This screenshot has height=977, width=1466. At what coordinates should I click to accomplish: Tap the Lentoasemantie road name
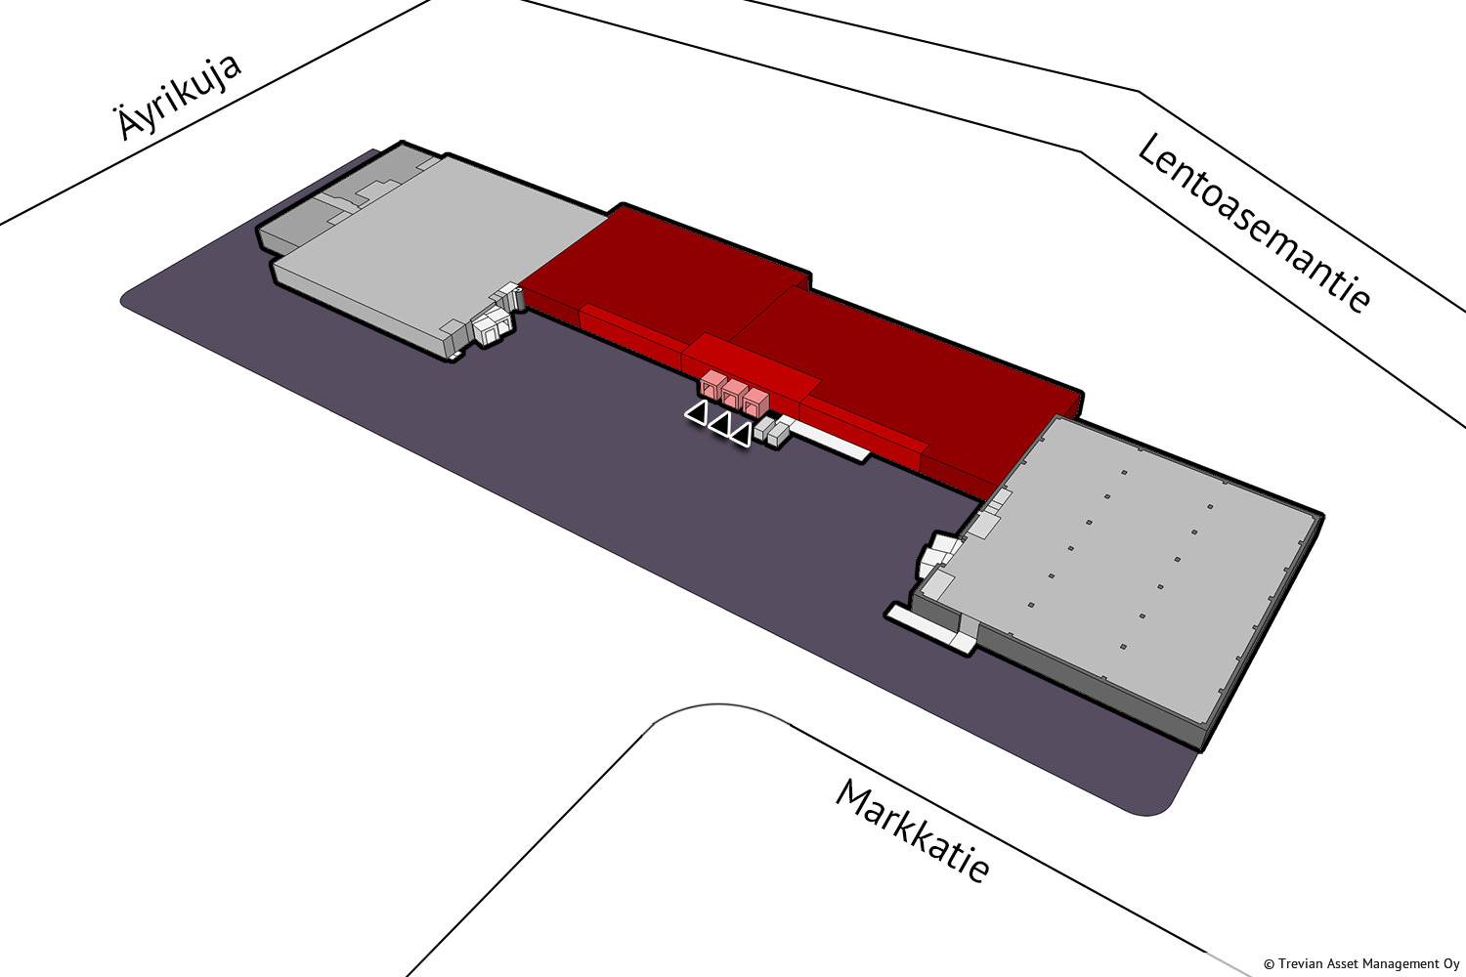1253,223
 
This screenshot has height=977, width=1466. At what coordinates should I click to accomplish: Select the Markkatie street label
913,829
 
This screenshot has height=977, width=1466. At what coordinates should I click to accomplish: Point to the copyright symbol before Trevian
1269,964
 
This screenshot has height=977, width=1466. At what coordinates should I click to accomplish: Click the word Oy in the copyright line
1451,964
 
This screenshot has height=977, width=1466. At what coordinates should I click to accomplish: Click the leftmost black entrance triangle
696,413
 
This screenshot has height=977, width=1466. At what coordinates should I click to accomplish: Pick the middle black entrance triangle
719,424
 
